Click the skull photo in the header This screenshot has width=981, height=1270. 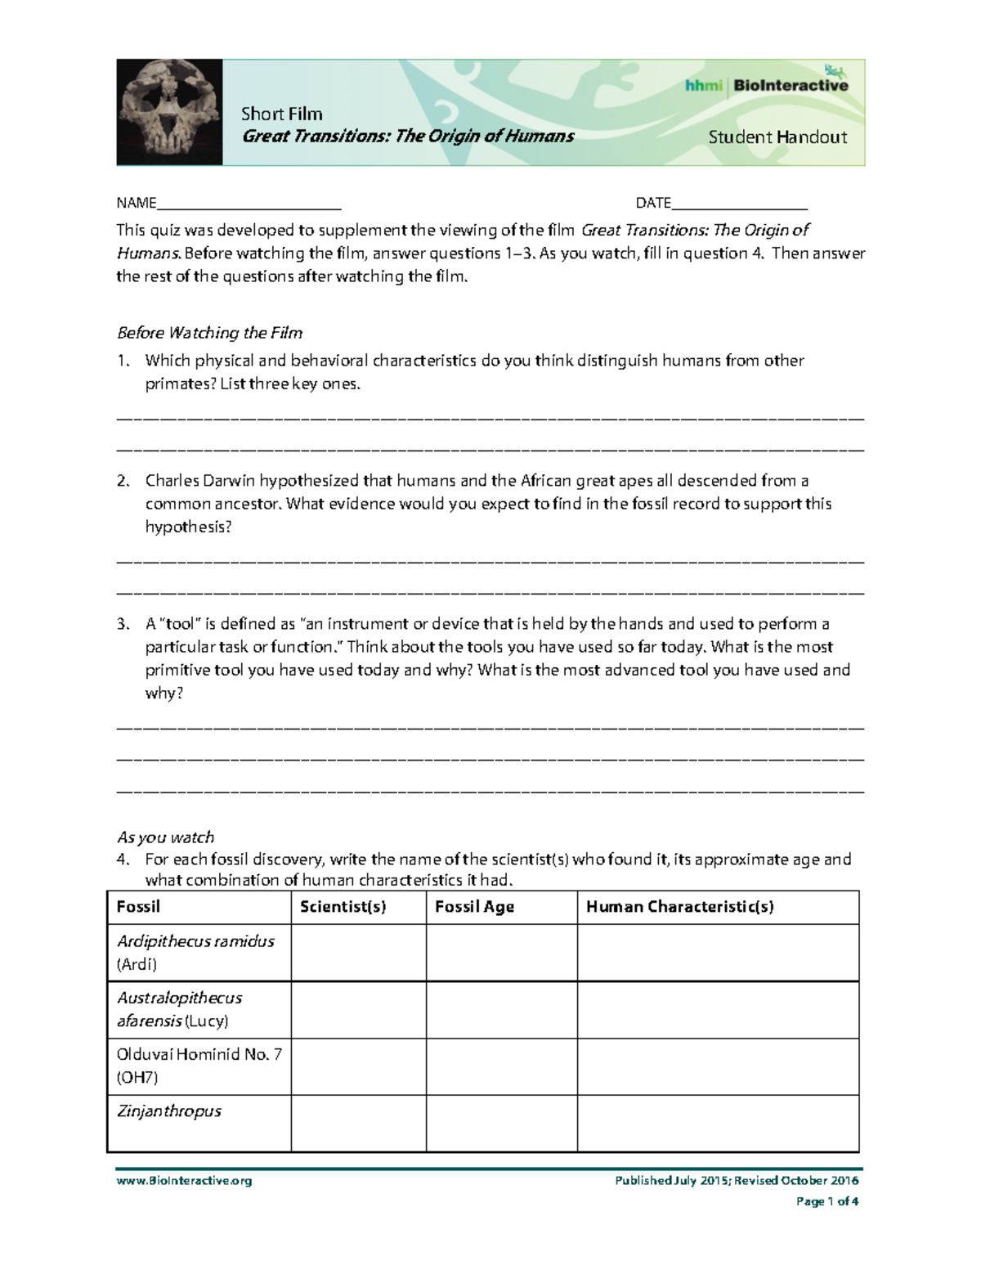click(169, 112)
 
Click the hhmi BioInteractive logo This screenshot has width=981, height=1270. click(766, 84)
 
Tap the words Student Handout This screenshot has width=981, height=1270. click(777, 137)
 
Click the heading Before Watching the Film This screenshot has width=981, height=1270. click(209, 333)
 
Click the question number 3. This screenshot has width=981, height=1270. click(123, 624)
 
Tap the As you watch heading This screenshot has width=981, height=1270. click(165, 837)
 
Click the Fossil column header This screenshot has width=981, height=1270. click(138, 907)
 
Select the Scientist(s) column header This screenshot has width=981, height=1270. click(343, 907)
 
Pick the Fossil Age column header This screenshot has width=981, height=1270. click(474, 907)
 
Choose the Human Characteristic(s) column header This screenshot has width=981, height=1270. click(679, 907)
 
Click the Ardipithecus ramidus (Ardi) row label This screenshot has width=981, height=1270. click(195, 953)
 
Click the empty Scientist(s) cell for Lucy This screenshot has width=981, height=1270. click(358, 1010)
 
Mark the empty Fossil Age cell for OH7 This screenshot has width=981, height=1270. click(501, 1066)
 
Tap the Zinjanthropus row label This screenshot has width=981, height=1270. click(169, 1111)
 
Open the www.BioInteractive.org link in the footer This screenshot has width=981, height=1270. click(184, 1181)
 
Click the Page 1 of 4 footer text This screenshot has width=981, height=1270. click(826, 1201)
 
